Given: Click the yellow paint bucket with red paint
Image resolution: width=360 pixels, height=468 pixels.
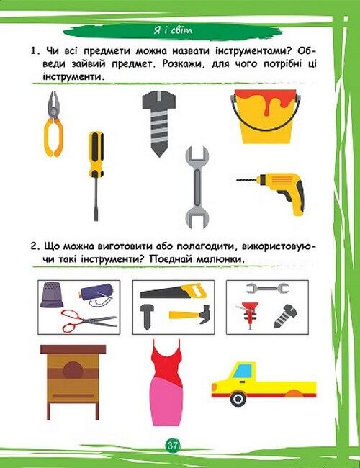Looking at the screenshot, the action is pos(266,117).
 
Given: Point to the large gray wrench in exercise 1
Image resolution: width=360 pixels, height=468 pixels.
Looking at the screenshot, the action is pos(197,187).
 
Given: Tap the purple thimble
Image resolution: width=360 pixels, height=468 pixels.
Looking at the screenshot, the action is pos(52,294).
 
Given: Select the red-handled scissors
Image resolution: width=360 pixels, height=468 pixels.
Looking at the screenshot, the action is pos(89,321).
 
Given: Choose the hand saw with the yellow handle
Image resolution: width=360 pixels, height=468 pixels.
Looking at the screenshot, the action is pos(174,291).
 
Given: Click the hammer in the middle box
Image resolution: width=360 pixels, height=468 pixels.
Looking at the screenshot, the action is pos(191,315).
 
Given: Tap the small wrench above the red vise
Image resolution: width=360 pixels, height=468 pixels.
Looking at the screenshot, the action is pos(267,288).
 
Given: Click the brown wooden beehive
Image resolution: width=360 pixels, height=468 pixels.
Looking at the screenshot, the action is pos(73,382).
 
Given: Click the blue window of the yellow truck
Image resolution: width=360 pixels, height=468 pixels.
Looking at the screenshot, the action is pos(244,371).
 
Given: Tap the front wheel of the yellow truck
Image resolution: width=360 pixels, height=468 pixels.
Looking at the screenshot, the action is pos(238,398).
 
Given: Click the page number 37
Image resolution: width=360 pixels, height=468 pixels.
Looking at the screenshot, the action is pos(173,446).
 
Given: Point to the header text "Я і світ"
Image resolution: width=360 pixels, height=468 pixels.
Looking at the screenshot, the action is pos(173,30).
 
